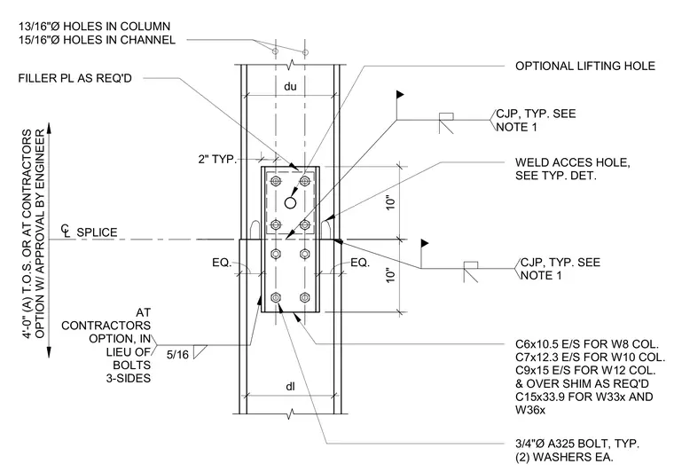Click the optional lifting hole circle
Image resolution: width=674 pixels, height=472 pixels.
tap(291, 202)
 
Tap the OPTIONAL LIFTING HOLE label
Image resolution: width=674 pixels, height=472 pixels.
tap(585, 66)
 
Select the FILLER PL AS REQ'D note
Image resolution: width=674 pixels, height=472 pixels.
tap(74, 78)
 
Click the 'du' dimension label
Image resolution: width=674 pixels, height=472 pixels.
tap(290, 86)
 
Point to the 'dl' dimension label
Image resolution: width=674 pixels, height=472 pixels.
tap(291, 387)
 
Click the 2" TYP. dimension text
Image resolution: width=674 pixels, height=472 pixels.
tap(217, 159)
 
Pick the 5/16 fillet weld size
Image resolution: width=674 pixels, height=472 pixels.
tap(177, 355)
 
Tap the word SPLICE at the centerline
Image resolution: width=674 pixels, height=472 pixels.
tap(97, 232)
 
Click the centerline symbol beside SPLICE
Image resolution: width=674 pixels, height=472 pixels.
tap(66, 231)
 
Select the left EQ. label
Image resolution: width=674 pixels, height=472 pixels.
tap(222, 263)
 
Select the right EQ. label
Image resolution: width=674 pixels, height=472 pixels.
tap(360, 263)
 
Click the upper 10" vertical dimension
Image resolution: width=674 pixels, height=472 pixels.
tap(390, 202)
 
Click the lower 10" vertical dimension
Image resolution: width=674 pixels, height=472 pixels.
tap(390, 276)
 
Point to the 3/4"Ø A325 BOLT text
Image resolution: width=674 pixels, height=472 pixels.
tap(577, 444)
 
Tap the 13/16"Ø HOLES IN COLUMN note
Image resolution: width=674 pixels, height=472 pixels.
tap(94, 27)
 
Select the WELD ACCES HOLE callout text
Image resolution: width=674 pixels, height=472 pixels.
tap(573, 162)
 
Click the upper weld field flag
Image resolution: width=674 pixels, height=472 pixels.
tap(400, 94)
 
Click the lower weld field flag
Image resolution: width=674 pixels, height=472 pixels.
tap(425, 243)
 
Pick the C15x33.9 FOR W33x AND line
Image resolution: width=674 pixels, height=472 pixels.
tap(584, 397)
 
